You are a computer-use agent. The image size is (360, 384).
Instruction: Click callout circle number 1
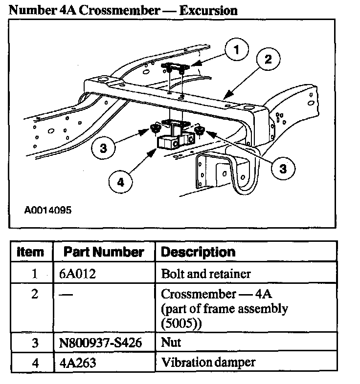236,50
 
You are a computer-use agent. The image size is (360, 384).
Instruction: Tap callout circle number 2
269,60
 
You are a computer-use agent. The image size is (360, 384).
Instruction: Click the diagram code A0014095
48,211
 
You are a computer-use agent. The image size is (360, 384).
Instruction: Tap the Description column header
198,252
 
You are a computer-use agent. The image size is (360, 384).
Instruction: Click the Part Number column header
104,252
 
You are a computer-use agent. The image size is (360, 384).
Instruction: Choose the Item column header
30,252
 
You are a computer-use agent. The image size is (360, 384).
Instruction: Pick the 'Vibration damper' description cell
208,363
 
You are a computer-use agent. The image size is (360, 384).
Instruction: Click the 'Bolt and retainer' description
205,274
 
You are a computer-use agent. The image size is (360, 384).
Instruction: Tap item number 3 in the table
34,343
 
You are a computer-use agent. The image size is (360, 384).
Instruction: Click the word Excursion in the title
208,10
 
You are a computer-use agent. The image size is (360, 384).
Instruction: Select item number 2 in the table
34,296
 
